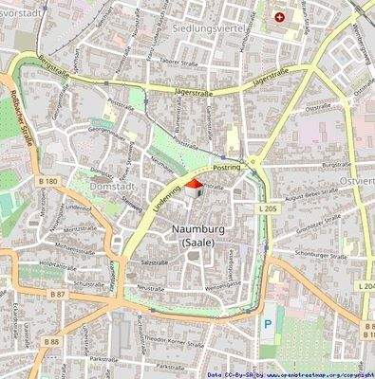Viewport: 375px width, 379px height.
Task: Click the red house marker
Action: pyautogui.click(x=193, y=187)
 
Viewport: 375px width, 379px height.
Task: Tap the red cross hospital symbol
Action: pyautogui.click(x=279, y=17)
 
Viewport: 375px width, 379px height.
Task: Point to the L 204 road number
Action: pyautogui.click(x=366, y=285)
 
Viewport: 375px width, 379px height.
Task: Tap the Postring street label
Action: pyautogui.click(x=227, y=168)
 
